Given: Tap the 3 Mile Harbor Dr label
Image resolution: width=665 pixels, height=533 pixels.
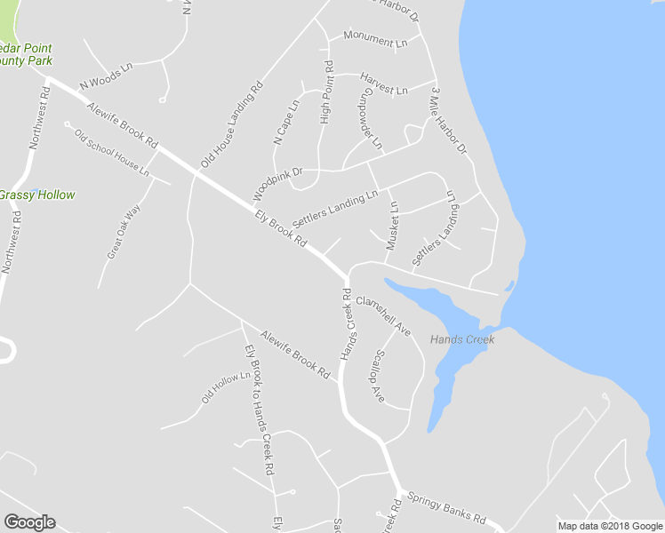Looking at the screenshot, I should [x=448, y=122].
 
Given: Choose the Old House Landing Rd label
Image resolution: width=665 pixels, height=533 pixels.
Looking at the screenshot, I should [x=232, y=125].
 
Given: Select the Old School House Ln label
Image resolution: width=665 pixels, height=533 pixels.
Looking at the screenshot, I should [x=112, y=152].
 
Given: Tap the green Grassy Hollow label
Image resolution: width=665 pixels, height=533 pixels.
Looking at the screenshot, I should [x=37, y=195].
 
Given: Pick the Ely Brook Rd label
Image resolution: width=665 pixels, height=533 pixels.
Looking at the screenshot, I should [x=281, y=229].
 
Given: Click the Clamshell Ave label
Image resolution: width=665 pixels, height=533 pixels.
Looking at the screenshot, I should [x=383, y=316].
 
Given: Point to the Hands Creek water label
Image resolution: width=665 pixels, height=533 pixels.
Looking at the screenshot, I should [x=461, y=339].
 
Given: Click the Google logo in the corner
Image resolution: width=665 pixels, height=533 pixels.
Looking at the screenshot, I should [x=29, y=522].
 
